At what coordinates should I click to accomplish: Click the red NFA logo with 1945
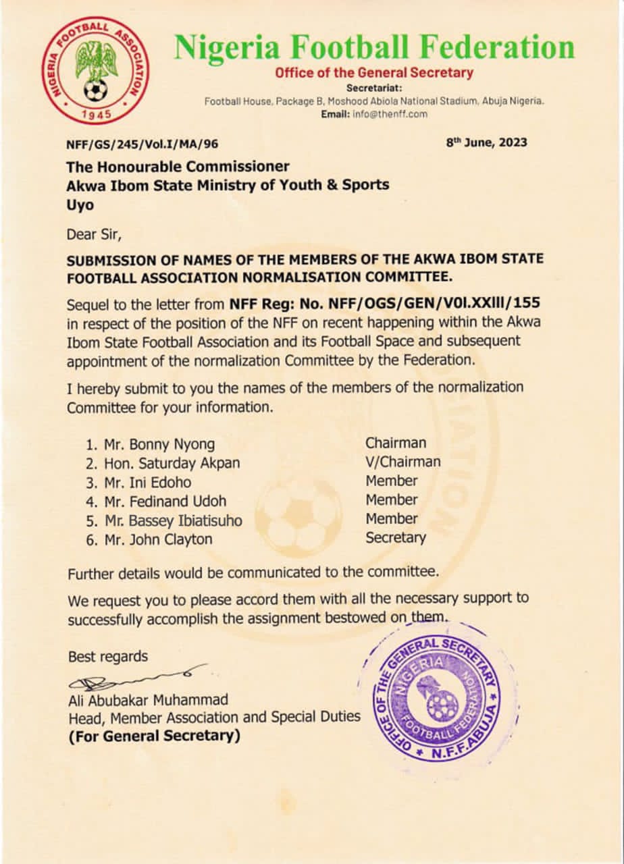[x=95, y=70]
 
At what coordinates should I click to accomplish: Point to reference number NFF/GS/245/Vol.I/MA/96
[x=142, y=144]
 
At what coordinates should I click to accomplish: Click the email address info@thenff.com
[x=390, y=114]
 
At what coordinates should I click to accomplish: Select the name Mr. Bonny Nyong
[x=159, y=444]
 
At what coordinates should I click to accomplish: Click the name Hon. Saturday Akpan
[x=172, y=463]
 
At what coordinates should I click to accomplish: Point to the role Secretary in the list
[x=396, y=538]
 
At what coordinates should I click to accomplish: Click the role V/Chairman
[x=403, y=462]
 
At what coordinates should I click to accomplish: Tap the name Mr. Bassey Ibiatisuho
[x=172, y=520]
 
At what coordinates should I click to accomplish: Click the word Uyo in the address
[x=80, y=205]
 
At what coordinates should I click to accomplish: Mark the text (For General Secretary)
[x=154, y=736]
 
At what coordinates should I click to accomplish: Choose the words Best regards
[x=108, y=656]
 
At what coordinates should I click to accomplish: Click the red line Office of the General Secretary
[x=374, y=73]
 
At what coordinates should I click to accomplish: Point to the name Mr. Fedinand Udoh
[x=165, y=501]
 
